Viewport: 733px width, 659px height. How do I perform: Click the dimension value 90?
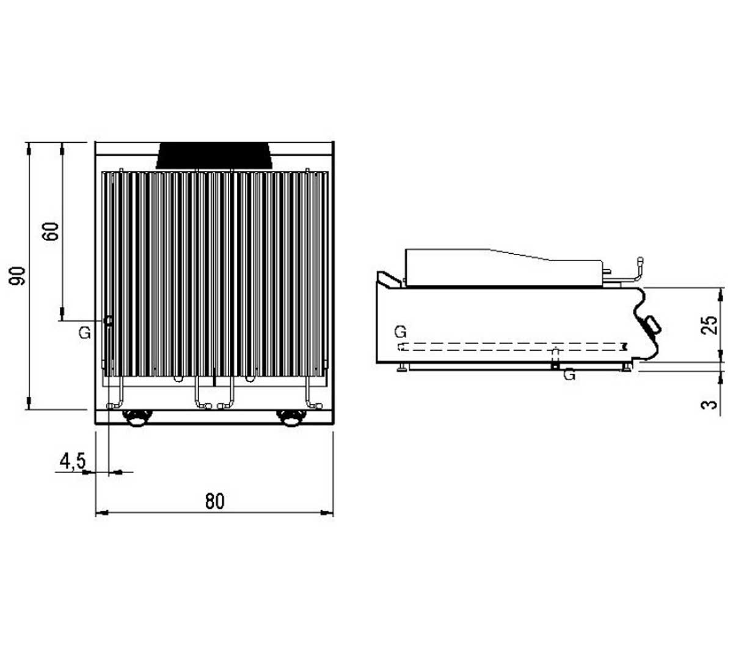[18, 276]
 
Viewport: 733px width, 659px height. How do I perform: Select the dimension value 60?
[51, 231]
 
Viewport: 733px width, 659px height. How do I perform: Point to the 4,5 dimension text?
[73, 461]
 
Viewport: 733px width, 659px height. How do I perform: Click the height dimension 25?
[710, 325]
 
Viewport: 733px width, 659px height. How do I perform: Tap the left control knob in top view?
[137, 418]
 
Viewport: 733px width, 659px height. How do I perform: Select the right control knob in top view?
[291, 418]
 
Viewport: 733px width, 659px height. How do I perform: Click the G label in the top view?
[85, 333]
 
